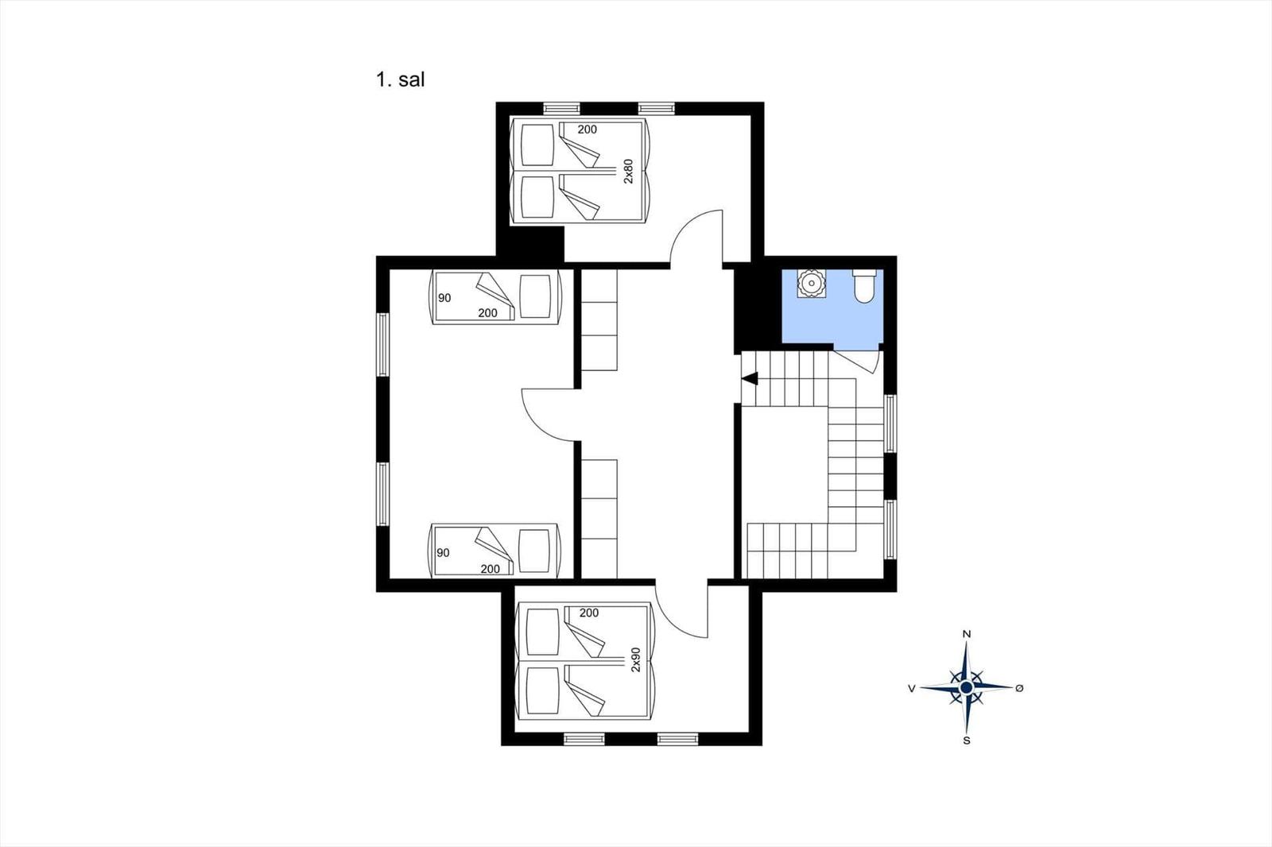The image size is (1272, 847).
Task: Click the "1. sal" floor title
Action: [x=400, y=79]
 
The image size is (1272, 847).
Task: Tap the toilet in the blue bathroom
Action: [x=864, y=286]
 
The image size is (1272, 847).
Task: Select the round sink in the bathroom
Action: [x=811, y=283]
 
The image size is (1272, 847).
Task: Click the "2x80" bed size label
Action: [x=628, y=171]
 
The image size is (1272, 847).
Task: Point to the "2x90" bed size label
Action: [x=635, y=659]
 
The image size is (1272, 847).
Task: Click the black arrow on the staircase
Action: [x=750, y=379]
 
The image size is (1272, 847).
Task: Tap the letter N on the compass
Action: [x=967, y=635]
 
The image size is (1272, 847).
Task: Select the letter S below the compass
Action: [x=967, y=741]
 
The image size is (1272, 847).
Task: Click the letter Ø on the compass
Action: [x=1019, y=688]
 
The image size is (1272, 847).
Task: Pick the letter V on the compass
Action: [x=912, y=689]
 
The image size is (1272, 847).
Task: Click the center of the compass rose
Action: [x=967, y=688]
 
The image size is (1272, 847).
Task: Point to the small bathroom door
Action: [x=857, y=362]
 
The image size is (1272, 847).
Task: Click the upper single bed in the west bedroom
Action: [x=496, y=297]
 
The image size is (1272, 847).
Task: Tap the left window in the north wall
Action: [x=561, y=108]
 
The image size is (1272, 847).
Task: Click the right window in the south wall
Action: [x=678, y=739]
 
